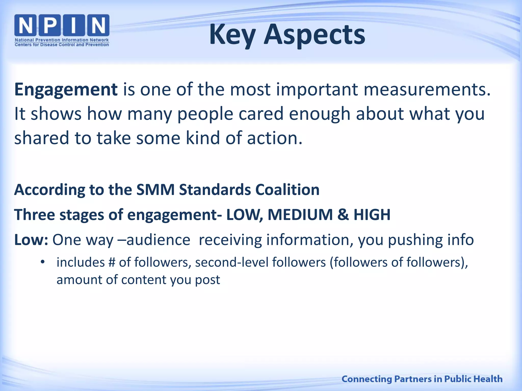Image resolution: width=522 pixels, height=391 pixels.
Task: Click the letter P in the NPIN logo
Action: point(50,25)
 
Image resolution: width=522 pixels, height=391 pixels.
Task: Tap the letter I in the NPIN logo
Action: point(74,25)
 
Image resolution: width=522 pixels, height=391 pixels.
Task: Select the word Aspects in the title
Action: point(314,35)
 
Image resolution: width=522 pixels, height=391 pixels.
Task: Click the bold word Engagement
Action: point(66,90)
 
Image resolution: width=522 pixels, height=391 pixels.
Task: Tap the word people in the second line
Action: point(205,114)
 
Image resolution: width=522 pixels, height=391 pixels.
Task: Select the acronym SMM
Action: point(155,190)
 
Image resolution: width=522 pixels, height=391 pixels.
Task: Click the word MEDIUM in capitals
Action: point(300,215)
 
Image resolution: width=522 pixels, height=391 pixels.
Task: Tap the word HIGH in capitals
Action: point(372,215)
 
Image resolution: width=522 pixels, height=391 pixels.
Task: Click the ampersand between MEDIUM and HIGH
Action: point(343,215)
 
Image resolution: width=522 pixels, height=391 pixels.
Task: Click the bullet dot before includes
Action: point(43,262)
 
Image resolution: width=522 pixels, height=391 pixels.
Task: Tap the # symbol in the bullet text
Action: point(112,262)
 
